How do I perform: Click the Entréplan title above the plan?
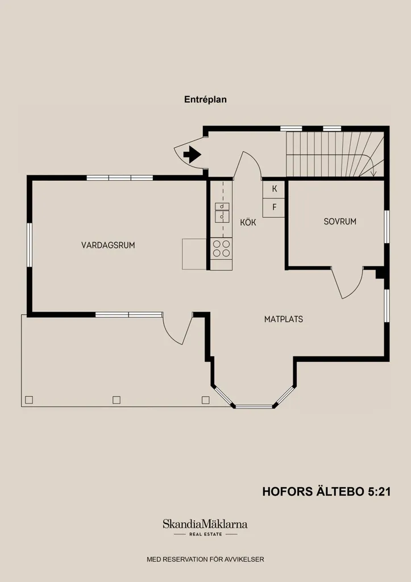[205, 99]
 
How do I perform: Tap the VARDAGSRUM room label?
[108, 245]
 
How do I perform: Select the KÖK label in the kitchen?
[248, 222]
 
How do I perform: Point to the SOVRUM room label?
[340, 222]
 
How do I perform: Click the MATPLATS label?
[283, 319]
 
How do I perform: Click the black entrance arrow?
[192, 155]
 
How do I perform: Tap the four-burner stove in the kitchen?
[221, 248]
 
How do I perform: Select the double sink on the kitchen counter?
[222, 213]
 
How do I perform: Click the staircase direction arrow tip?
[373, 175]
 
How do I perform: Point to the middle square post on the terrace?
[116, 400]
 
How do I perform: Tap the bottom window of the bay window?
[254, 406]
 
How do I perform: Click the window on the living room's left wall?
[30, 244]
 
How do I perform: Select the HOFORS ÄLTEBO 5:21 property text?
[326, 492]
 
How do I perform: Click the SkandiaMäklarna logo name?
[205, 524]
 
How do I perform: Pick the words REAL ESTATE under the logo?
[206, 534]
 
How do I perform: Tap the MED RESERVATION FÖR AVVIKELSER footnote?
[205, 559]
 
